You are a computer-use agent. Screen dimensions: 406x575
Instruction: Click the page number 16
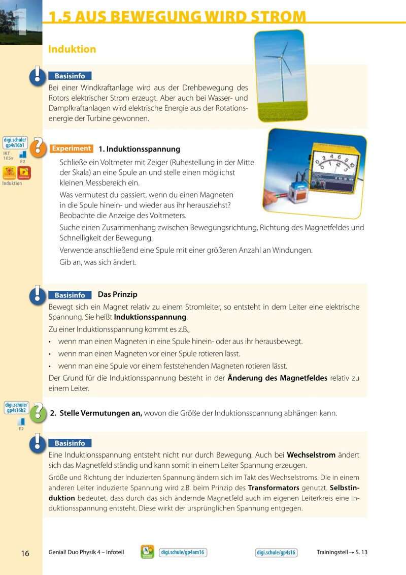(x=25, y=553)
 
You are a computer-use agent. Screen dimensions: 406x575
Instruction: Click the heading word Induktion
(x=72, y=49)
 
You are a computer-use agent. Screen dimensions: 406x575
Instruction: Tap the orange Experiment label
(x=71, y=149)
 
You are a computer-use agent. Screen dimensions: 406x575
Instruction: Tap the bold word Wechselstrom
(x=311, y=455)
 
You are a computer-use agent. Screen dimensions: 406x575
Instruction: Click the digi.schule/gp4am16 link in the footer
(x=182, y=553)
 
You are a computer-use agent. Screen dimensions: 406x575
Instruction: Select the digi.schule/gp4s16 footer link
(x=276, y=553)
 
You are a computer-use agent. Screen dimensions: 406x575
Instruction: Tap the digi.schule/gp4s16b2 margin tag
(x=16, y=408)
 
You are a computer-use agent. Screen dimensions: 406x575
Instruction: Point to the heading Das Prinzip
(x=117, y=295)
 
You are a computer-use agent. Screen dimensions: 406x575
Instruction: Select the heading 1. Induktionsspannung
(x=139, y=149)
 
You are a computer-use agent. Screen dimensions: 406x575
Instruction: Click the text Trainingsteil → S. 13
(x=342, y=553)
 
